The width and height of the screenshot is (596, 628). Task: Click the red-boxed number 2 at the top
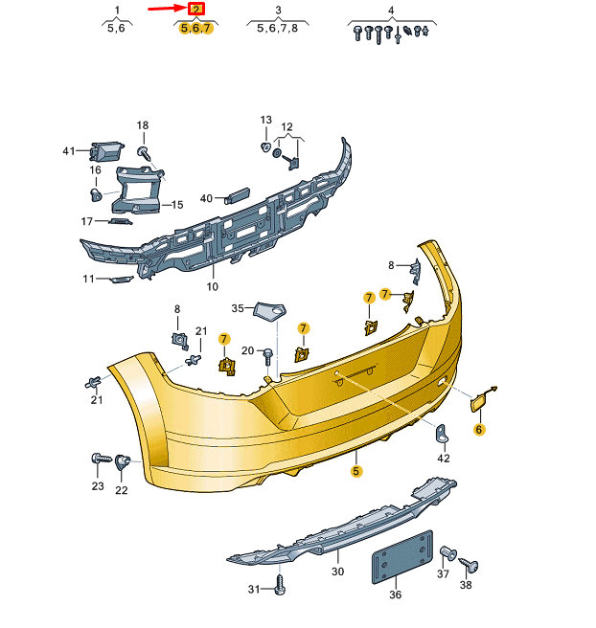tap(196, 10)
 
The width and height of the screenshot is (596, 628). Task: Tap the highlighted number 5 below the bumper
tap(355, 471)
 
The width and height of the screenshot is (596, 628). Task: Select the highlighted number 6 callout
tap(479, 430)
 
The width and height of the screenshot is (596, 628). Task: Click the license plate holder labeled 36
tap(402, 557)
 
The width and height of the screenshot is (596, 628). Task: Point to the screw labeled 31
tap(280, 584)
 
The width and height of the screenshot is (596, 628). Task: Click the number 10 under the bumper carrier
tap(213, 287)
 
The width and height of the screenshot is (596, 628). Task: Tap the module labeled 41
tap(107, 151)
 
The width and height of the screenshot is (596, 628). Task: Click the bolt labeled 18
tap(144, 153)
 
